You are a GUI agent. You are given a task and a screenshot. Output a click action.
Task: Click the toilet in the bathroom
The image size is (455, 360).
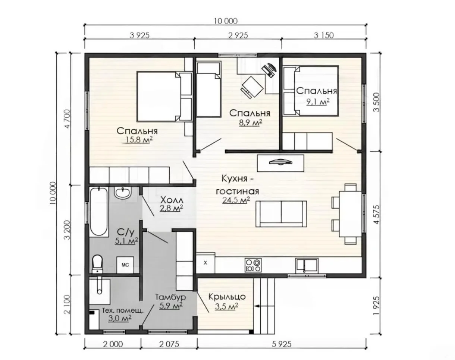coord(97,264)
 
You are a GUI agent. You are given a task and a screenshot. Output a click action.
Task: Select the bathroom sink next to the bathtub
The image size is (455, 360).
coord(122,193)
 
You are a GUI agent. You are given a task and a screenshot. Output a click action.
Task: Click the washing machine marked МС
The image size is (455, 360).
coord(125,265)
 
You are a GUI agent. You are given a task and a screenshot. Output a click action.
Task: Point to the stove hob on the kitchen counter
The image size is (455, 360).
coord(253,265)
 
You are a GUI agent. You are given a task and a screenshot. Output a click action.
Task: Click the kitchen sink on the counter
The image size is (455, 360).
coord(307,265)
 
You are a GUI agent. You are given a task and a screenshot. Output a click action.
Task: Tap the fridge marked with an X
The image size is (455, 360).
coord(205,263)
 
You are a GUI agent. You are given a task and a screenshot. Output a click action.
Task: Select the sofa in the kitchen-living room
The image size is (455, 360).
coord(281,214)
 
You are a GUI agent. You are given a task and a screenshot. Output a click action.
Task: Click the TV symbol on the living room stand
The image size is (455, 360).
coord(280,162)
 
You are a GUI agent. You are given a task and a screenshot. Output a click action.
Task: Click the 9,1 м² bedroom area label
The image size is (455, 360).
coord(318,102)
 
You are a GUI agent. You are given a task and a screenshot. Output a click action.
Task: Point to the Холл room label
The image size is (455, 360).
coord(172,200)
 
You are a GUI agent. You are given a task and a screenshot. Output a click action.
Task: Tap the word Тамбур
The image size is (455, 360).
coord(171,297)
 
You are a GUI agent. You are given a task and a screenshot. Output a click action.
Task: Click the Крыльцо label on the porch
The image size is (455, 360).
coord(227,297)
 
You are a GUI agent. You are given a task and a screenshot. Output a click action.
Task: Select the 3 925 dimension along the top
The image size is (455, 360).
coord(139,35)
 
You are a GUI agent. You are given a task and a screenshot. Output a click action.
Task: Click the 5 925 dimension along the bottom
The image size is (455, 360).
coord(282,344)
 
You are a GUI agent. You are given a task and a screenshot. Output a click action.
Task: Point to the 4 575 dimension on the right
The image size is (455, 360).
coord(377,214)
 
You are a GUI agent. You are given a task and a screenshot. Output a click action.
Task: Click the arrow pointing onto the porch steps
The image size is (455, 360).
coord(264,306)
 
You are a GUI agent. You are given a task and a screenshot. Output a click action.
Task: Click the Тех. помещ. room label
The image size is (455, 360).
coord(123,310)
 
